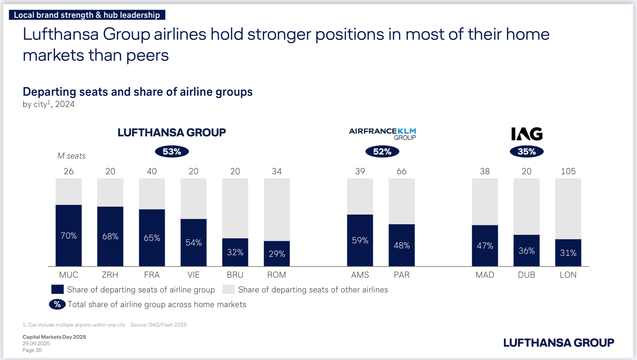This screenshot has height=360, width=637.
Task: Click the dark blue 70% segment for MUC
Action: coord(68,236)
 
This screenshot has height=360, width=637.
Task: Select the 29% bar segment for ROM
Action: coord(277,253)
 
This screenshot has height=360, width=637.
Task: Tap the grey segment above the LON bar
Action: coord(568,209)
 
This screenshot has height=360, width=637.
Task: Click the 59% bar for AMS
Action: coord(360,240)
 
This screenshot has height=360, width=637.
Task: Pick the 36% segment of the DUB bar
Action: coord(526,251)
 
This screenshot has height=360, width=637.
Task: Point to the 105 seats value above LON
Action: coord(568,171)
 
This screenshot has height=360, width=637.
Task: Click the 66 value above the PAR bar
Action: coord(401,171)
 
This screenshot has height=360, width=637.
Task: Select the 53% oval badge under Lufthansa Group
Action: coord(172,152)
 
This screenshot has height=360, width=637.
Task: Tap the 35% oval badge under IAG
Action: coord(526,152)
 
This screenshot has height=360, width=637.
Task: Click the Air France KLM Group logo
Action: coord(383,134)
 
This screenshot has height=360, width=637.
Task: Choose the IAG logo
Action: coord(527,134)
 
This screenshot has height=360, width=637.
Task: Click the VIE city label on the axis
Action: coord(193,275)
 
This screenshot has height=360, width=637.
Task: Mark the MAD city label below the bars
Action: coord(485,275)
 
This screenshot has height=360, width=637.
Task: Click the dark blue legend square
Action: coord(58,289)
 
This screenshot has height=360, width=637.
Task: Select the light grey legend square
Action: coord(228,289)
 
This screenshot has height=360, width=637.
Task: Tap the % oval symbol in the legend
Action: coord(57,304)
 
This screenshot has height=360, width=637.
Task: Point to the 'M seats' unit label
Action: coord(71,156)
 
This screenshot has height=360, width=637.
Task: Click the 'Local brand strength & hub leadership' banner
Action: coord(87,15)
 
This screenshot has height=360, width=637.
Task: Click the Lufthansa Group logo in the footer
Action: coord(559,342)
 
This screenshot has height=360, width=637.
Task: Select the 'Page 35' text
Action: coord(32,350)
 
